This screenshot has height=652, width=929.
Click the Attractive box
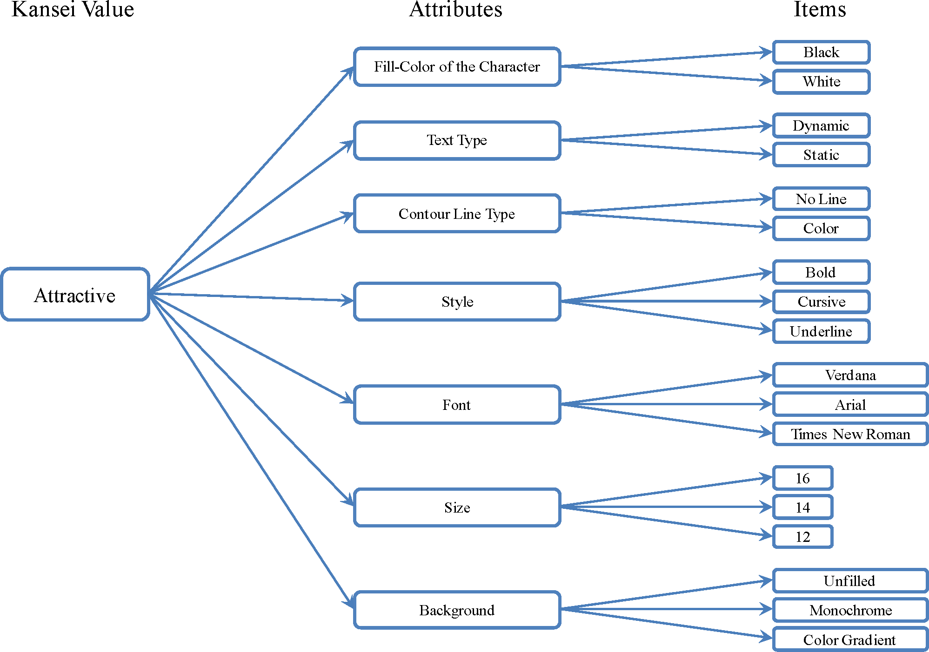75,295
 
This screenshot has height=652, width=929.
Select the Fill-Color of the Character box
457,67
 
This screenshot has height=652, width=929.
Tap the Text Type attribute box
457,140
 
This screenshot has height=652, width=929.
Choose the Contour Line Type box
457,214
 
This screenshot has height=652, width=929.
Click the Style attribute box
457,302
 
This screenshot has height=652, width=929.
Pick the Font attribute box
457,405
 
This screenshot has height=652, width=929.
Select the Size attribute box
457,507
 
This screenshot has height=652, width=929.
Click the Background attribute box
457,610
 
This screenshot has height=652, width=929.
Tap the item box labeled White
821,82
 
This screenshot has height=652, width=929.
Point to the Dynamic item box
821,126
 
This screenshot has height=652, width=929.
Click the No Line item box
821,199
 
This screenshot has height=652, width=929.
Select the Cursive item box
821,302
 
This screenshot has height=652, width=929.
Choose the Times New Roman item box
850,434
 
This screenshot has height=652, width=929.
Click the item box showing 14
802,507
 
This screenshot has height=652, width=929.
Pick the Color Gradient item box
850,640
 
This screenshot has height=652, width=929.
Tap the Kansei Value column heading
73,9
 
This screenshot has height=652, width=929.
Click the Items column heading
820,9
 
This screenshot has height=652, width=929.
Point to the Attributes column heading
456,9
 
